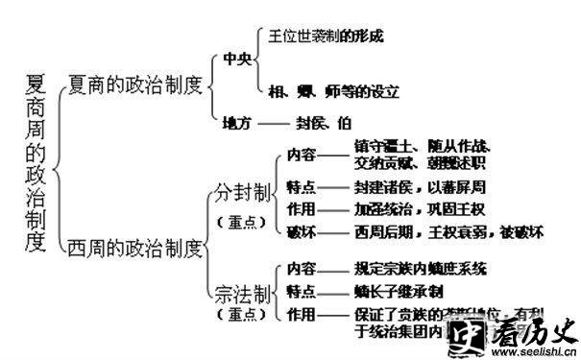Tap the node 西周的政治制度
135,249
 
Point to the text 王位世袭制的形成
324,36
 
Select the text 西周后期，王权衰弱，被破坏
435,231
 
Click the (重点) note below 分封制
234,222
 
